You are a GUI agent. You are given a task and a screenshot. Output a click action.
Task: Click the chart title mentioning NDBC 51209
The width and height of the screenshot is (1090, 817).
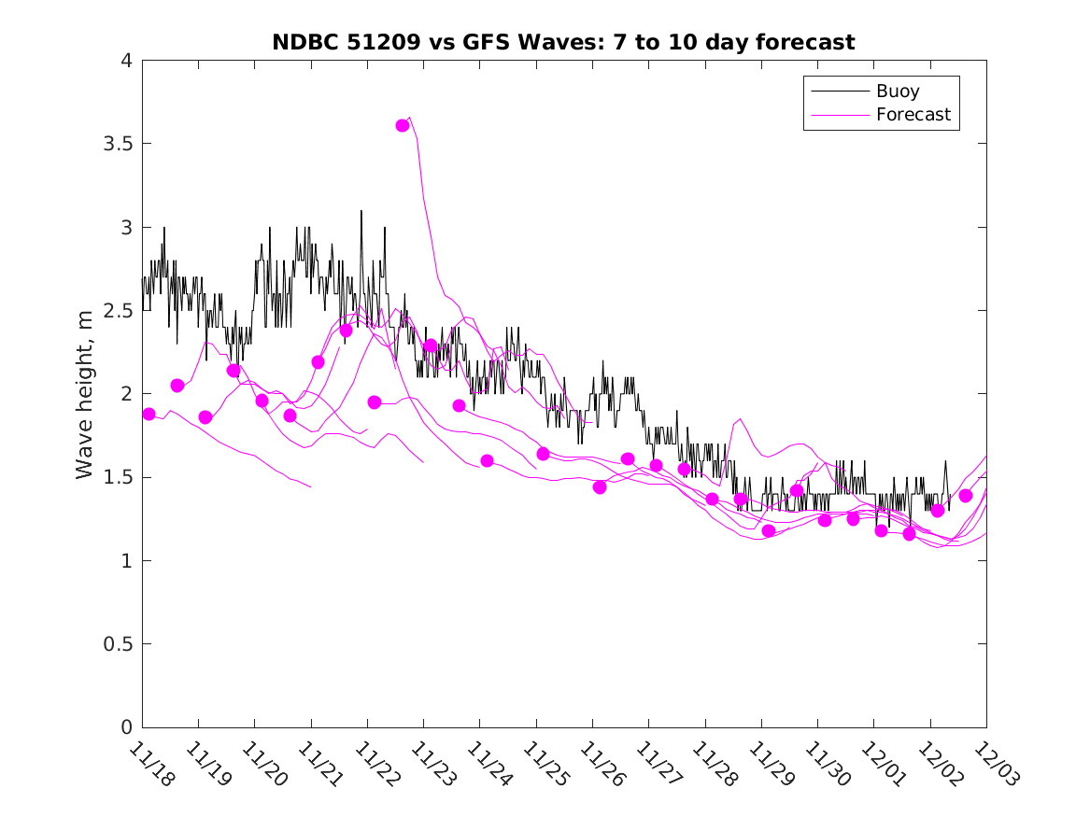pos(563,42)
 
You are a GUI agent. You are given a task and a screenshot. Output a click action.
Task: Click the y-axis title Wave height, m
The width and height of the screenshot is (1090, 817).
pos(85,395)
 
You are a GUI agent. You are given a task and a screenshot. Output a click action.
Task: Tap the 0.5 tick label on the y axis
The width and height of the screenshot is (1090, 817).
pos(119,644)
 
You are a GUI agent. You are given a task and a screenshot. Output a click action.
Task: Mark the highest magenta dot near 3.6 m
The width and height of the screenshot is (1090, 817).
pos(403,125)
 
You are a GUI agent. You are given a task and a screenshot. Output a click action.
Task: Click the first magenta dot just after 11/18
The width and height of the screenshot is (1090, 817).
pos(149,414)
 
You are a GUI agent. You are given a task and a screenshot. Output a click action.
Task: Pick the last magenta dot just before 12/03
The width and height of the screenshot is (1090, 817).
pos(966,496)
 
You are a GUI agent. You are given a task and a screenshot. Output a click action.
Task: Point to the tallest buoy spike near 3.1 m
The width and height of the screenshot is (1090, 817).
pos(361,212)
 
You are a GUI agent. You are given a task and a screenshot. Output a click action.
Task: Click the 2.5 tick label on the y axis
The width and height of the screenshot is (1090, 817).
pos(119,311)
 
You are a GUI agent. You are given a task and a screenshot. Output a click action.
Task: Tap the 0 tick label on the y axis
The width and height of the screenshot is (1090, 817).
pos(126,727)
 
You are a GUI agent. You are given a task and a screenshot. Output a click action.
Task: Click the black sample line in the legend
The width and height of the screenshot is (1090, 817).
pos(838,92)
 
